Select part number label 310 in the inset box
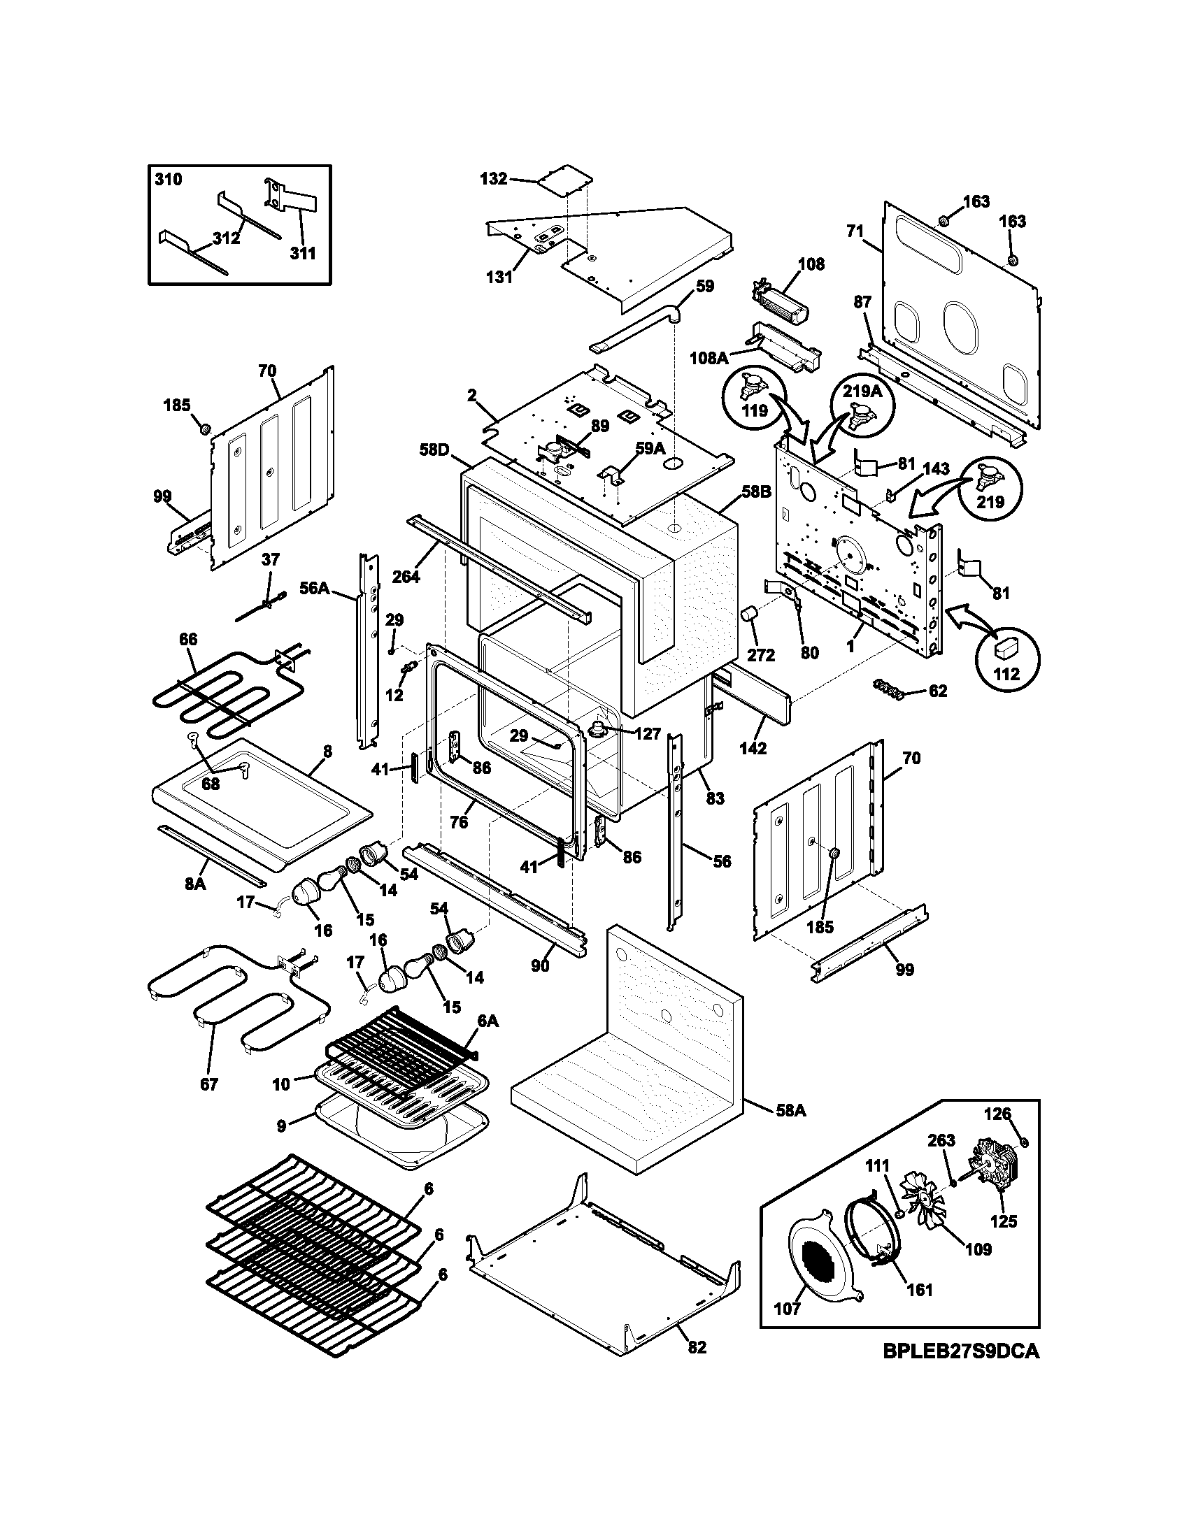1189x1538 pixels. point(168,180)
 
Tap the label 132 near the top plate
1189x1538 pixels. point(493,179)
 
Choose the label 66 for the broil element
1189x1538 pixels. point(188,640)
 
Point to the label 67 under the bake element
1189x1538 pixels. point(209,1084)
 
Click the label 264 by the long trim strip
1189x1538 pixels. point(406,577)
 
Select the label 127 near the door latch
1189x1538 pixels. point(648,734)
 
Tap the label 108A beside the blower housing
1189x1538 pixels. point(709,358)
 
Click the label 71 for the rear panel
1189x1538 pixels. point(855,231)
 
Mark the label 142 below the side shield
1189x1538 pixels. point(753,749)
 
